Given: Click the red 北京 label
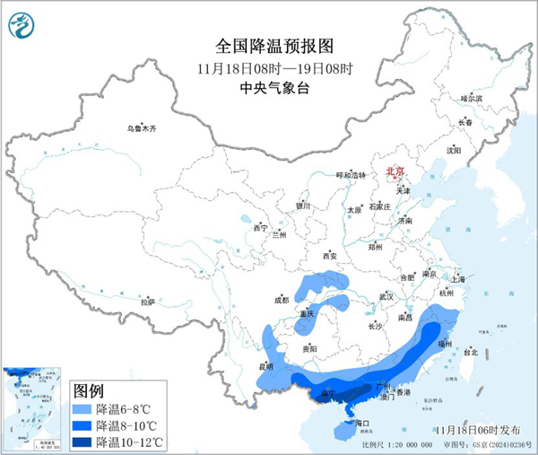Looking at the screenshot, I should click(x=395, y=171).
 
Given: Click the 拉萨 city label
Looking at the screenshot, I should click(x=147, y=302).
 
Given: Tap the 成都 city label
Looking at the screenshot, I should click(x=282, y=301).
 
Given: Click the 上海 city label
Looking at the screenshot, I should click(x=458, y=279).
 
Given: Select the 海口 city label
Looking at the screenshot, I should click(x=363, y=422).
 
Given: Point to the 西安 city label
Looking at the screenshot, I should click(x=328, y=256).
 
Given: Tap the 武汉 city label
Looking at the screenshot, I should click(x=386, y=295).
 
